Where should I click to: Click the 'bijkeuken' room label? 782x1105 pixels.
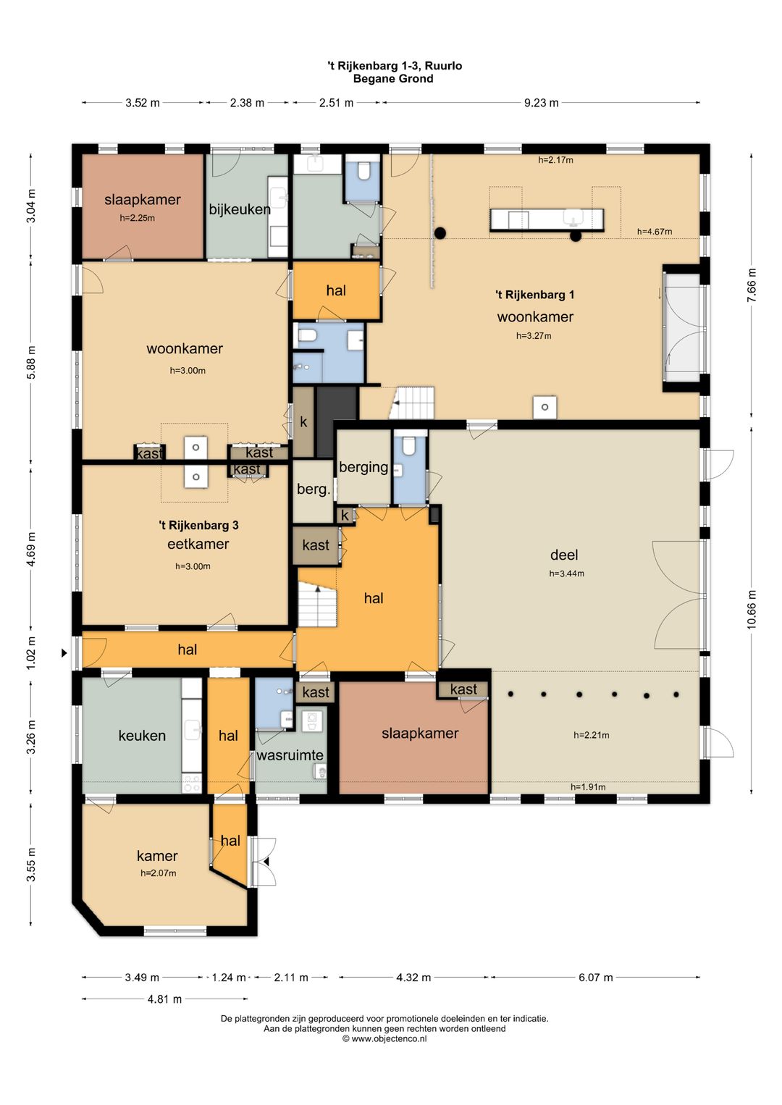[x=239, y=210]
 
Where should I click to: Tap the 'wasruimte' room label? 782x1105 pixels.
[x=290, y=755]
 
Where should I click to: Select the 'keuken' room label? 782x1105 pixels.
[x=142, y=736]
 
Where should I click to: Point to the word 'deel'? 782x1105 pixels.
[x=564, y=555]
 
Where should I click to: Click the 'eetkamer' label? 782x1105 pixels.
[x=198, y=544]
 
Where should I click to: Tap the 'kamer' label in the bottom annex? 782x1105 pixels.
[x=157, y=856]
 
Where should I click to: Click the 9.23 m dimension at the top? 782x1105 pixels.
[x=541, y=103]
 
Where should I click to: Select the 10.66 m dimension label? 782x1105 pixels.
[x=751, y=609]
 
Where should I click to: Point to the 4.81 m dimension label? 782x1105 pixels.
[x=165, y=999]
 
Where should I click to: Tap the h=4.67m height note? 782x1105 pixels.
[x=655, y=232]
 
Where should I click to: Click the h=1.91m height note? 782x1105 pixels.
[x=588, y=787]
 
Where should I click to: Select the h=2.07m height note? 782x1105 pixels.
[x=159, y=873]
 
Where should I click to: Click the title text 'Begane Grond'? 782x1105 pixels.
[x=393, y=78]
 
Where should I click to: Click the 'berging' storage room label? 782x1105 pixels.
[x=363, y=466]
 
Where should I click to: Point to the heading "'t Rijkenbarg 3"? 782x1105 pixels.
[x=198, y=526]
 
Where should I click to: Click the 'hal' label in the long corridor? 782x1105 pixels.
[x=187, y=650]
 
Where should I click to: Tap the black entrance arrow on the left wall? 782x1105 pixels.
[x=64, y=653]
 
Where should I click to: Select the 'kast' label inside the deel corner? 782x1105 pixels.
[x=463, y=689]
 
